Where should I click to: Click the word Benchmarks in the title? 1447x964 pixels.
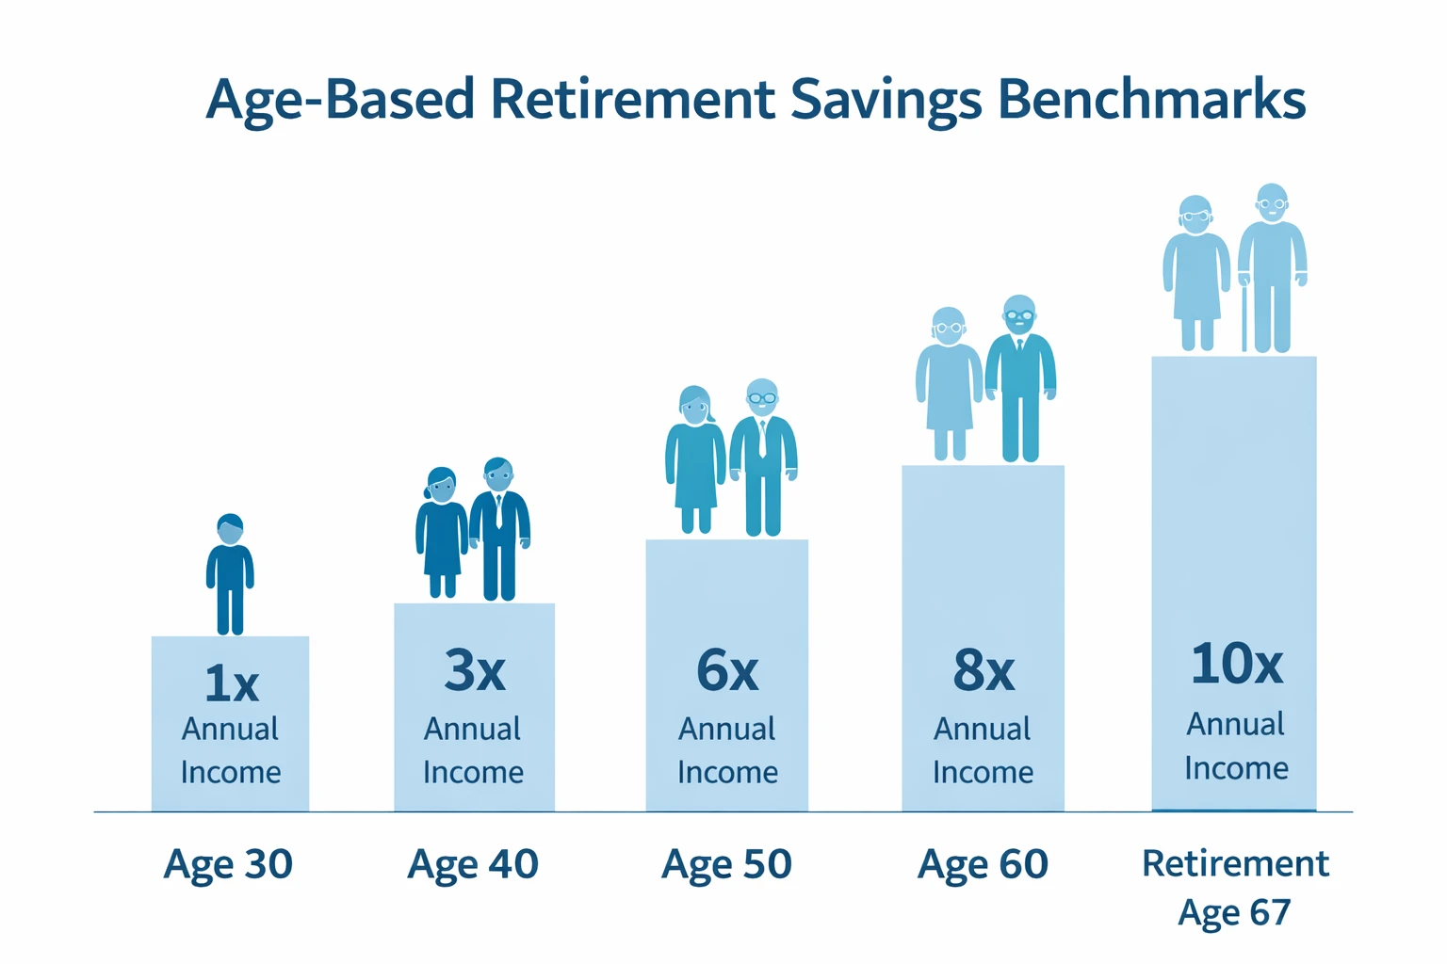(x=1151, y=99)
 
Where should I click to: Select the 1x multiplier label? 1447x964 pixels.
(x=231, y=683)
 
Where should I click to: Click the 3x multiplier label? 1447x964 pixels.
(x=474, y=671)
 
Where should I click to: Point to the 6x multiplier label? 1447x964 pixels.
(x=726, y=671)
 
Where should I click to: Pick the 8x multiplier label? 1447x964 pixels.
(x=983, y=671)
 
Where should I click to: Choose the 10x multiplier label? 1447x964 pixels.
(x=1235, y=664)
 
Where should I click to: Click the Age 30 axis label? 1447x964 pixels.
(x=228, y=864)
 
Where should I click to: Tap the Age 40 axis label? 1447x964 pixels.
(x=472, y=864)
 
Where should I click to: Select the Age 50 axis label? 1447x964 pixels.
(x=726, y=864)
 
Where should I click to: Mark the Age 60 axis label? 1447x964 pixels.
(x=983, y=864)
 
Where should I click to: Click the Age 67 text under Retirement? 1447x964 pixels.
(x=1234, y=912)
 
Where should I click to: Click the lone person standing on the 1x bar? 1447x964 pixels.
(x=230, y=574)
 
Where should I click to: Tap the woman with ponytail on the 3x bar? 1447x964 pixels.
(x=441, y=533)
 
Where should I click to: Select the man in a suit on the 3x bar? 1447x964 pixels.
(x=499, y=529)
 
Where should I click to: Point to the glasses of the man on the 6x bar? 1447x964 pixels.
(x=762, y=397)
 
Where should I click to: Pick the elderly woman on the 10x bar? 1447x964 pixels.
(x=1195, y=273)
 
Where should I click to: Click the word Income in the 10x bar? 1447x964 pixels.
(x=1235, y=768)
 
